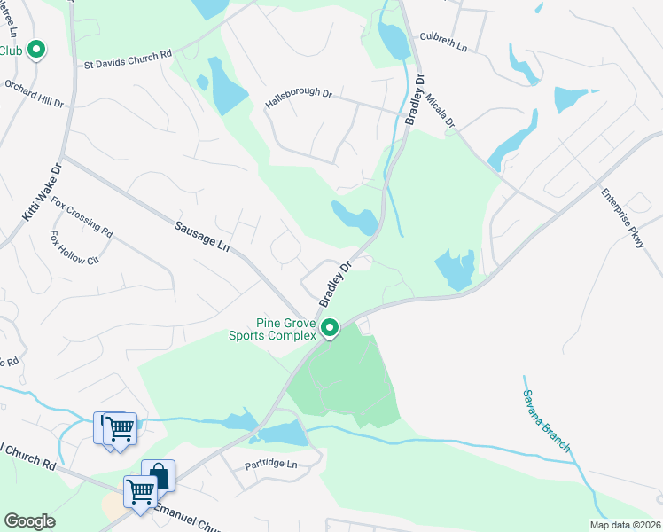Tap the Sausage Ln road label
[201, 237]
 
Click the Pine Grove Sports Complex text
[272, 330]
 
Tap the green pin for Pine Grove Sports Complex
[330, 328]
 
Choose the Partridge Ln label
[271, 465]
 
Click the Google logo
[29, 521]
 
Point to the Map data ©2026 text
[624, 525]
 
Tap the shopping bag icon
[158, 474]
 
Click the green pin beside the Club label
[36, 50]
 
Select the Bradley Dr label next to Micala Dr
[413, 98]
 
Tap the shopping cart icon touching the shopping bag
[140, 490]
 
